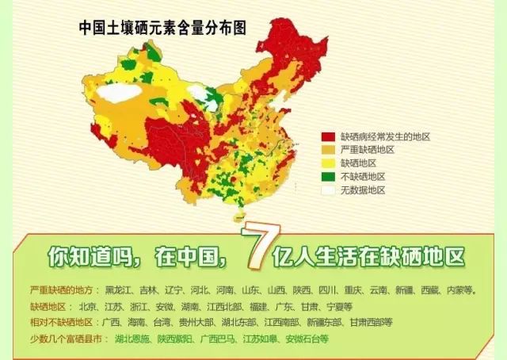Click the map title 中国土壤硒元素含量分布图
(162, 27)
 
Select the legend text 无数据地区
(364, 190)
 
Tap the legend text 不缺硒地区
(364, 177)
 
